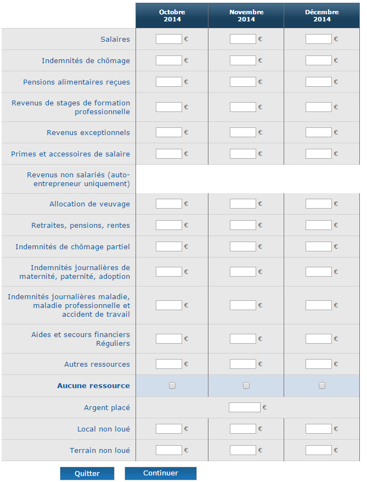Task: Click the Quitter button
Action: pos(87,473)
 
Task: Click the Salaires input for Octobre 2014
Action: pos(168,39)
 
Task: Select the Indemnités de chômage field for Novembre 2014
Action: pos(242,60)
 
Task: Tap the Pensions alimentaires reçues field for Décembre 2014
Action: pos(318,82)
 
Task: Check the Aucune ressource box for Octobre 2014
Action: pos(172,385)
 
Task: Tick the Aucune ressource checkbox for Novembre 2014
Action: pos(246,385)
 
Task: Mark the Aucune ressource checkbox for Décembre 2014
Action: pos(322,385)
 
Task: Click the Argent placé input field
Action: pos(244,407)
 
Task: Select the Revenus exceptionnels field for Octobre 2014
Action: pos(168,132)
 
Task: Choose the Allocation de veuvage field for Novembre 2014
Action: pos(242,204)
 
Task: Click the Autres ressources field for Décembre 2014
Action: pos(318,364)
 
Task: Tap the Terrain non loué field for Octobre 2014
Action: pos(168,450)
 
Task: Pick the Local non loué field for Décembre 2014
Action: pos(318,429)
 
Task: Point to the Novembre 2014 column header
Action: pos(246,15)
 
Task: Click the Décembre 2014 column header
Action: pos(322,15)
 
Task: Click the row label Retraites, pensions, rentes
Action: pos(81,225)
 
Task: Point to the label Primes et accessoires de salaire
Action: pos(70,154)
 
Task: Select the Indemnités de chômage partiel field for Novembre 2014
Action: pos(242,246)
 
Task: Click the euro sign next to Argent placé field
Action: pos(264,407)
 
